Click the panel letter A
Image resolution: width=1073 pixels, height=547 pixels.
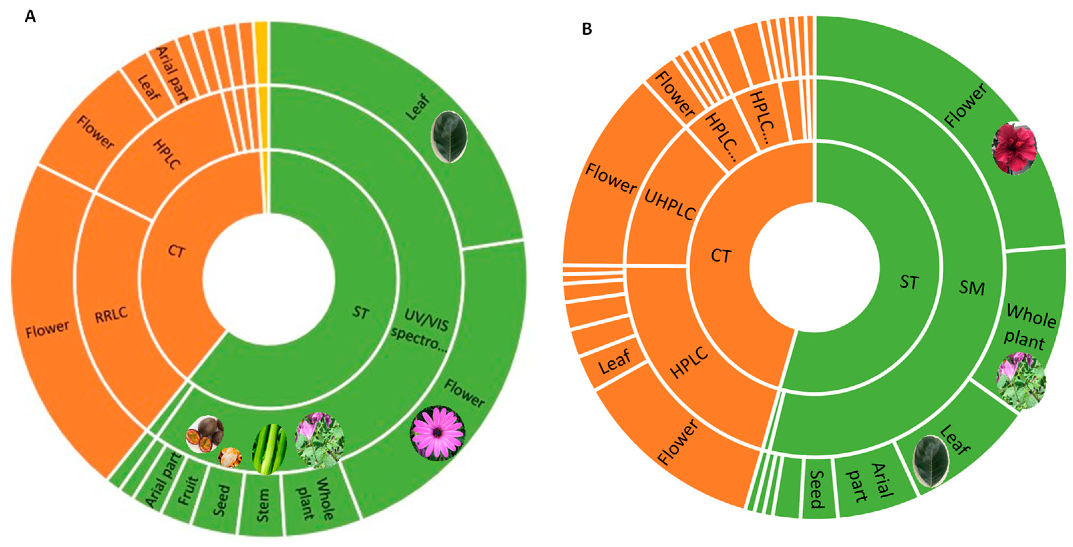coord(30,17)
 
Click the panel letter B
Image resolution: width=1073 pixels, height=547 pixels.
coord(587,29)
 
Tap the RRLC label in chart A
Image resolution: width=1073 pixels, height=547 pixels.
coord(111,315)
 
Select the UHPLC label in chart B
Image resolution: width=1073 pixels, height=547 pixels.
coord(669,205)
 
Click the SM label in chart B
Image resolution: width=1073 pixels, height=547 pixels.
coord(972,287)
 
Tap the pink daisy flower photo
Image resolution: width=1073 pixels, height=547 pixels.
coord(437,433)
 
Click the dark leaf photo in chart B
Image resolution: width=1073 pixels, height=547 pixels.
coord(930,461)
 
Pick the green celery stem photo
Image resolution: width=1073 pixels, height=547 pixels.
coord(270,450)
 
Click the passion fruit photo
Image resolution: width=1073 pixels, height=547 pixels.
coord(204,434)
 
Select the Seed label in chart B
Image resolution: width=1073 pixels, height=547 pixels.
coord(817,489)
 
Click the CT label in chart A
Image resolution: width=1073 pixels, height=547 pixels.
coord(176,251)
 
